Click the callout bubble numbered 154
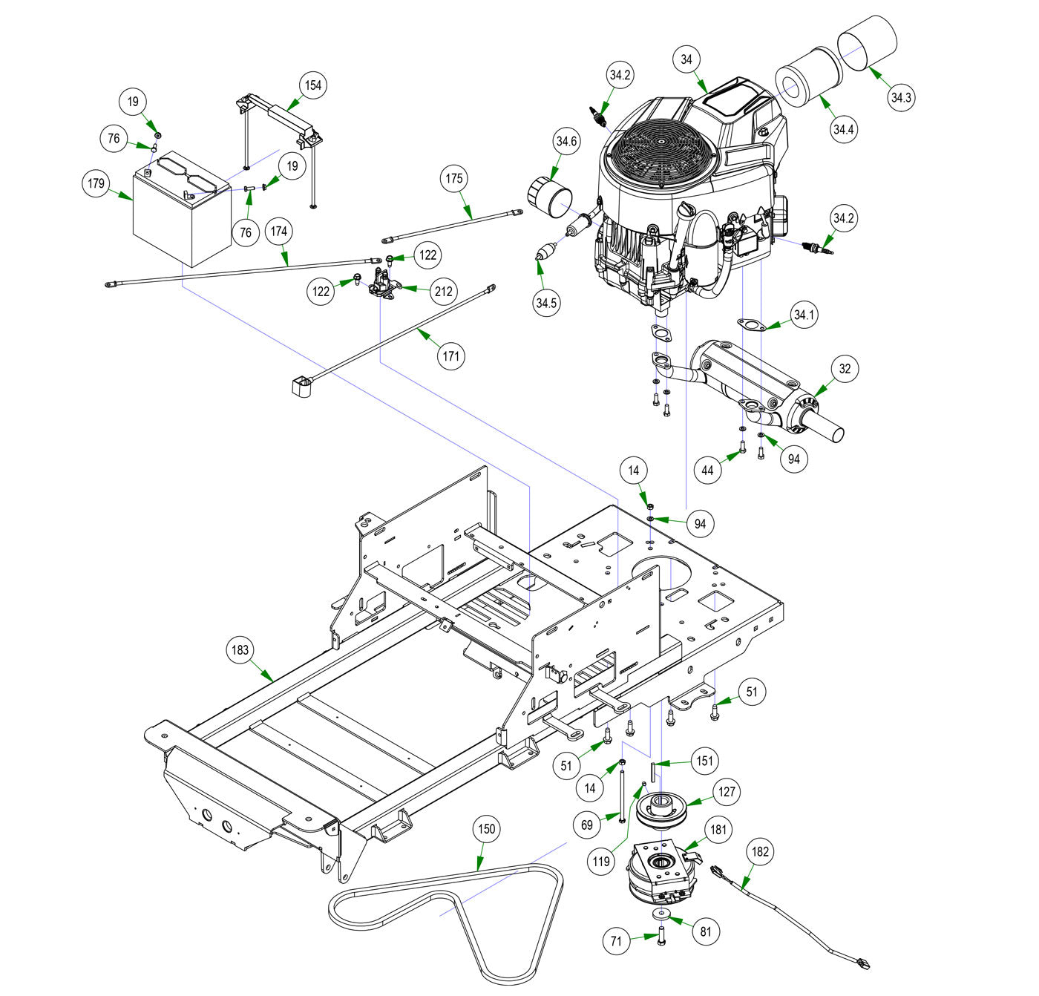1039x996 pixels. click(x=313, y=85)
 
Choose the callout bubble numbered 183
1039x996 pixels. click(x=240, y=650)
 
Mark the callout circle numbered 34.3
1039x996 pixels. click(x=900, y=97)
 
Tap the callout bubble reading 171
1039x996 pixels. click(x=450, y=356)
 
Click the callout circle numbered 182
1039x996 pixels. click(x=760, y=852)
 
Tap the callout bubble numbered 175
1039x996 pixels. click(x=455, y=179)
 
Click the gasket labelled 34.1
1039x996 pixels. click(x=751, y=324)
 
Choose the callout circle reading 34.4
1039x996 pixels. click(x=844, y=130)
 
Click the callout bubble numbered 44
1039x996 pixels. click(x=707, y=471)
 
